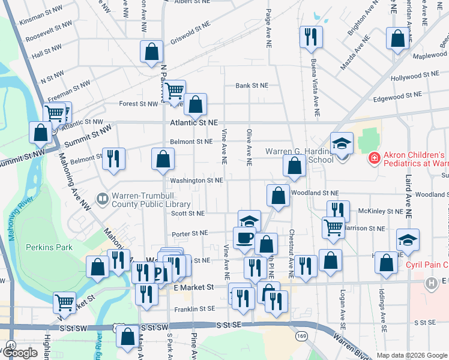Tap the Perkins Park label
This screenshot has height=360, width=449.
pos(49,247)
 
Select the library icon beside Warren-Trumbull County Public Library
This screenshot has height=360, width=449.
pos(102,197)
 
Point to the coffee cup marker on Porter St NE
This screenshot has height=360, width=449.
pos(244,237)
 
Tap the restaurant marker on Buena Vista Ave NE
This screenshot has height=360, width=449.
pos(311,37)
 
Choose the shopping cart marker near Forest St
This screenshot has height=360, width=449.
pos(174,91)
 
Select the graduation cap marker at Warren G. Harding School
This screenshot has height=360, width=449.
pos(342,143)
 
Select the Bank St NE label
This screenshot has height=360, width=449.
pos(251,86)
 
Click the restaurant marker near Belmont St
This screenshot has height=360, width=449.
pos(113,159)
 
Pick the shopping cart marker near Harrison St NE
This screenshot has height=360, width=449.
pos(333,227)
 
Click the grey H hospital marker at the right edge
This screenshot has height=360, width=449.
pos(430,283)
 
